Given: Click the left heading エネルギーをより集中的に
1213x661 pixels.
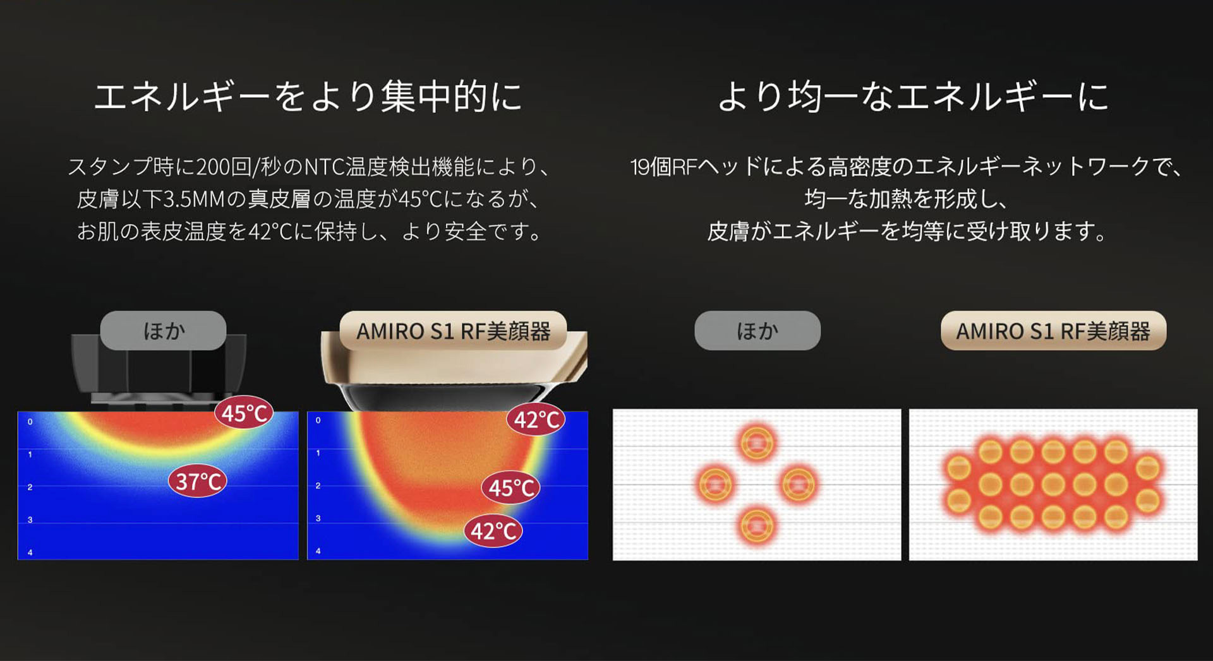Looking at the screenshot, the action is click(308, 97).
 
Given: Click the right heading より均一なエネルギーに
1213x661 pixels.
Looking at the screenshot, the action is click(913, 97).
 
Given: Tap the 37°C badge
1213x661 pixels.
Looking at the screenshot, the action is click(198, 482).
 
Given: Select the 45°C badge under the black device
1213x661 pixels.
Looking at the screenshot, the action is click(244, 413).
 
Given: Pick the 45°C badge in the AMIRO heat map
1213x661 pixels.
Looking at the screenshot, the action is click(511, 488).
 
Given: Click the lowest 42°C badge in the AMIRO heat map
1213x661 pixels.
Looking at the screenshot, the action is click(493, 531).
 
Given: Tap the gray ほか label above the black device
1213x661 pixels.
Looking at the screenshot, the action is click(164, 330).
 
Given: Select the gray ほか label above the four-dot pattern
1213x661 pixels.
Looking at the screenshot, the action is click(757, 330).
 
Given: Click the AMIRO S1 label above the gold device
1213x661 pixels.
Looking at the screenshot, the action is click(453, 330).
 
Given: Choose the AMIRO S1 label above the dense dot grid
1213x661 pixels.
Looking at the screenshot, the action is click(1053, 330).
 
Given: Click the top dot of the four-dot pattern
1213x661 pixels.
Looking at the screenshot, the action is click(757, 443).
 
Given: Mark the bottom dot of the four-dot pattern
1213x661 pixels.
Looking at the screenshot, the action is click(756, 525).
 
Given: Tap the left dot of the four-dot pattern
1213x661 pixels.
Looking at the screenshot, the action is click(715, 485).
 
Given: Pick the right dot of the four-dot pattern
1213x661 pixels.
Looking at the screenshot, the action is click(799, 484).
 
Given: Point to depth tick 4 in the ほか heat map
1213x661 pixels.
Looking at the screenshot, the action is click(30, 552).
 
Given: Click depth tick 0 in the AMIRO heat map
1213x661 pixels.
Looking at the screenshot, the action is click(318, 420).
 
